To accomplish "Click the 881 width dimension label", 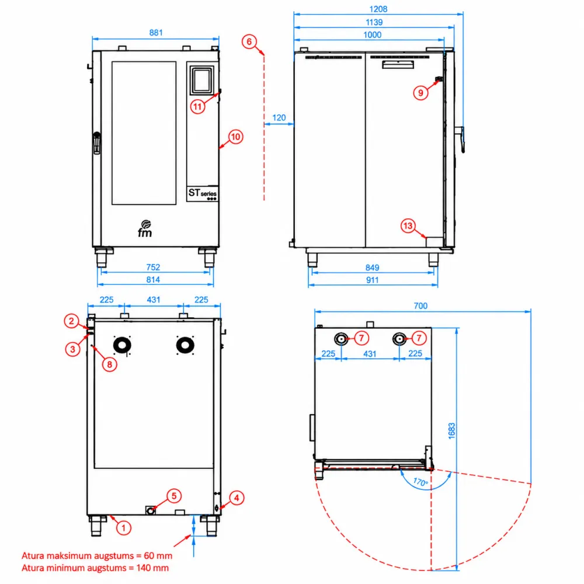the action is coord(156,33).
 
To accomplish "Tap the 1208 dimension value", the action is coord(378,9).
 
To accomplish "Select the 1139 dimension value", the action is coord(374,22).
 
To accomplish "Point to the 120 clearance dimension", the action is coord(279,118).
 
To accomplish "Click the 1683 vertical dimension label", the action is coord(452,431).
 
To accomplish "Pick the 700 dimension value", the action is coord(420,306).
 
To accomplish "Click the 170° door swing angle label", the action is coord(421,482).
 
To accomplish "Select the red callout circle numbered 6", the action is coord(249,41).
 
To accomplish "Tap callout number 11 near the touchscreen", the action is coord(197,107).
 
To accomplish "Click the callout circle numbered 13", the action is coord(408,225).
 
